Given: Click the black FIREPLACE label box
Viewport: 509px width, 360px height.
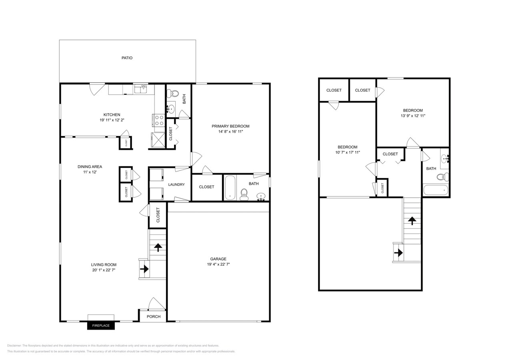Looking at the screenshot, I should click(101, 326).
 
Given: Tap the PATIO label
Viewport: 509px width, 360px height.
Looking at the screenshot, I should click(127, 58).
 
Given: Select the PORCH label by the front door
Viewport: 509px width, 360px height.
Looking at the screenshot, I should click(153, 316).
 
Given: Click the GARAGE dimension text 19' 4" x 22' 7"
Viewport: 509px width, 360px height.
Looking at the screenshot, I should click(218, 264).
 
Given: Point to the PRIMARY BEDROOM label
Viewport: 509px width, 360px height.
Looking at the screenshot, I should click(230, 126).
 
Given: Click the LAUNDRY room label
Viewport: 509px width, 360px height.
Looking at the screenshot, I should click(176, 184).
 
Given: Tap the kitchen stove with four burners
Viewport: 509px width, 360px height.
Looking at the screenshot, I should click(159, 120).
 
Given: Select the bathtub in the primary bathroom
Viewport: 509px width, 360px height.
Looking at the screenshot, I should click(230, 188).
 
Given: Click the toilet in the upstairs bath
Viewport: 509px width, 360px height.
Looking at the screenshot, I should click(442, 177).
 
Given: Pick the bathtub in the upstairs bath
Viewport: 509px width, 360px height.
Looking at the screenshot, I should click(436, 190).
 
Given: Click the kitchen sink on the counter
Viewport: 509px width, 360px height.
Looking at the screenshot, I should click(140, 89).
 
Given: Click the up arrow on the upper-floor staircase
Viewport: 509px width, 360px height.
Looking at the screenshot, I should click(412, 220).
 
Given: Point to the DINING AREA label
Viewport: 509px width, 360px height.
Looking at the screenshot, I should click(90, 167).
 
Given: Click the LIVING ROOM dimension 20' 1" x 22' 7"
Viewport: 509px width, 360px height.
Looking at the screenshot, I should click(103, 270).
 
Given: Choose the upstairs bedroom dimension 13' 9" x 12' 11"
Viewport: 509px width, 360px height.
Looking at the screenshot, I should click(413, 116).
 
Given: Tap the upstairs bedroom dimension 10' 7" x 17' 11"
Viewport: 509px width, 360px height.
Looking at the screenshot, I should click(347, 152).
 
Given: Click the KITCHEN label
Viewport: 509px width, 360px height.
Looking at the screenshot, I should click(112, 115).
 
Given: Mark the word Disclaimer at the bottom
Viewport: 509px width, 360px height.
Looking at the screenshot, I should click(14, 346).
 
